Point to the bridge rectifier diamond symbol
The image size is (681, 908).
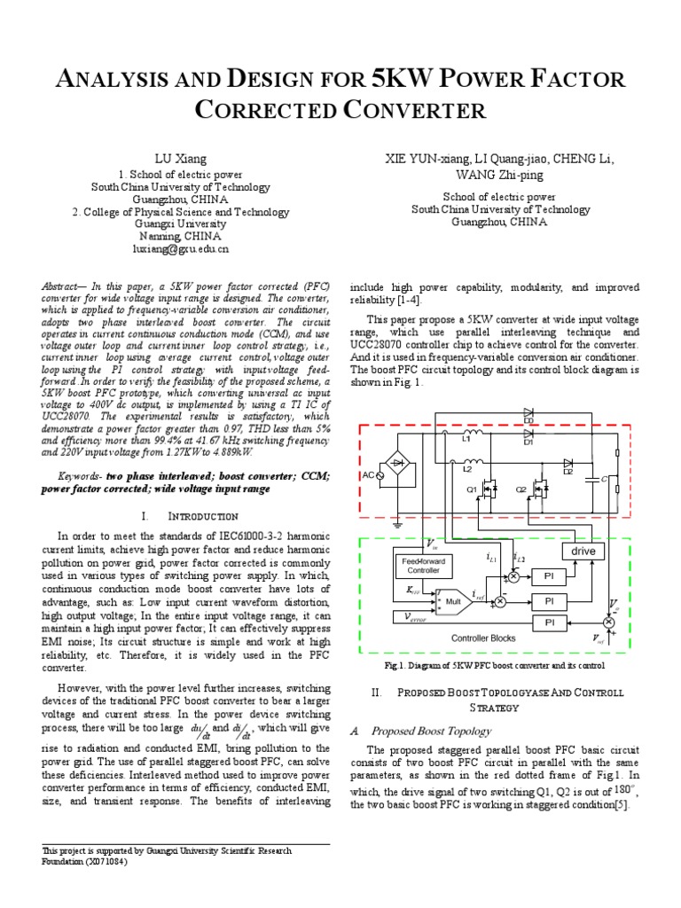click(x=399, y=463)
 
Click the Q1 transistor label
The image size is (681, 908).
click(x=472, y=489)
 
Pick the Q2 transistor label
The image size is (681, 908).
click(x=521, y=489)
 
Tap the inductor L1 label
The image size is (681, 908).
click(x=466, y=438)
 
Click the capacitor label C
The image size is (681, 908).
click(x=604, y=480)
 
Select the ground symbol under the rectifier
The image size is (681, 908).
click(x=399, y=525)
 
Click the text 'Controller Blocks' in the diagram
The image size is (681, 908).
click(x=482, y=638)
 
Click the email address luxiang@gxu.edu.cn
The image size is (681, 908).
click(x=181, y=250)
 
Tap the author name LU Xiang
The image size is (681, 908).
click(x=181, y=159)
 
